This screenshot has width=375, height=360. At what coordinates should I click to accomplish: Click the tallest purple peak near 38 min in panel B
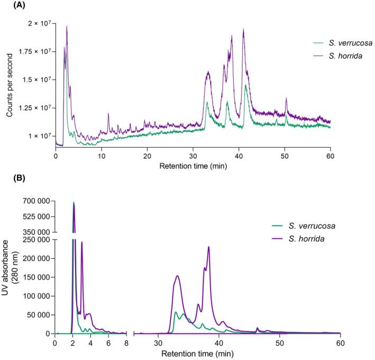(209, 247)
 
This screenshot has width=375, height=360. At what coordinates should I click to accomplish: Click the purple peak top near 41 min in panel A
(243, 30)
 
